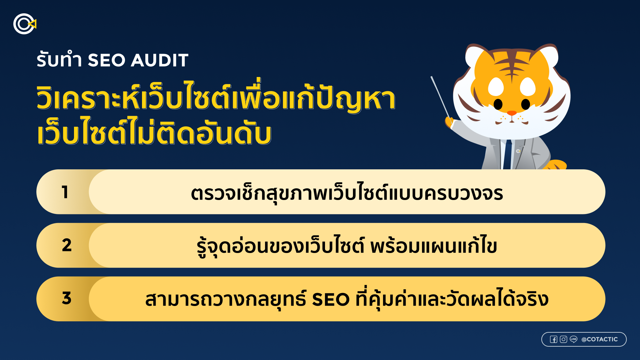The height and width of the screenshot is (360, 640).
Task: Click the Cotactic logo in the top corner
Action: pos(24,24)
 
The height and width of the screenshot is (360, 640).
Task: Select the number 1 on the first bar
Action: pos(65,192)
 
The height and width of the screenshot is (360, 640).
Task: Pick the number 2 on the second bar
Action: pos(67,245)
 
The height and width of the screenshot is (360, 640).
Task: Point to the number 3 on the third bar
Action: pos(67,298)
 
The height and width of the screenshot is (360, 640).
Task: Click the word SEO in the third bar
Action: pos(330,299)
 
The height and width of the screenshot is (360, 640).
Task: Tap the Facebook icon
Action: pos(553,339)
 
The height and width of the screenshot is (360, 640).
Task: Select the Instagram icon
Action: pos(563,339)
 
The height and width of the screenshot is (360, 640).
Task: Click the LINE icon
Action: pos(573,339)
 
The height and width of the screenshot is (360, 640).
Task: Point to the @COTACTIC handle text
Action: pos(599,339)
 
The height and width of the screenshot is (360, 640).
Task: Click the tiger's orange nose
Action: pos(511,113)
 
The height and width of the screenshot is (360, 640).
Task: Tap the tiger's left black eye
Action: pos(498,104)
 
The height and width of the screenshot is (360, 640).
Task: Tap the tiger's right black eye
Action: pos(526,104)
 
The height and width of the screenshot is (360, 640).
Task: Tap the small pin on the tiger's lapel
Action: pos(518,151)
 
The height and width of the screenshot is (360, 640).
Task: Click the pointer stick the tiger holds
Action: pos(440,97)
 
